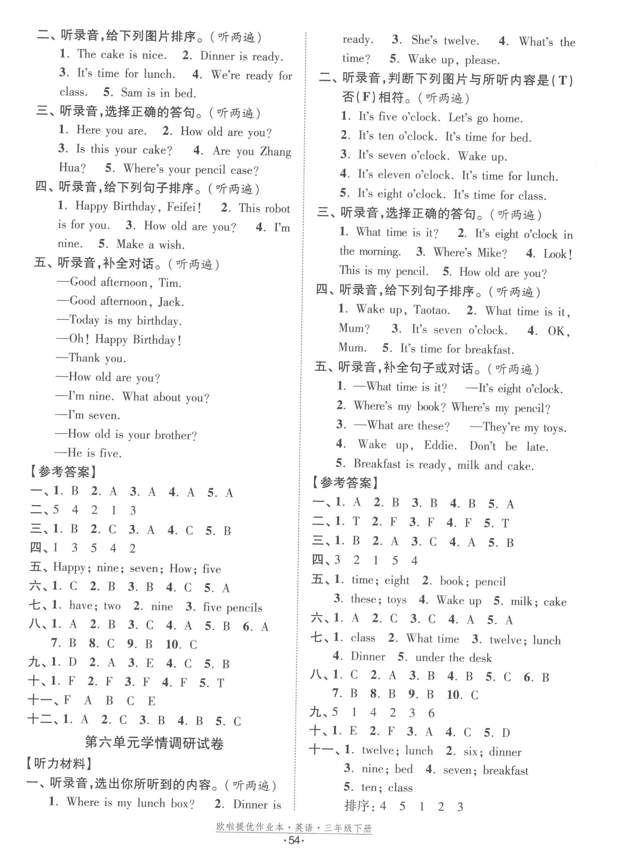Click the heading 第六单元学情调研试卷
point(154,743)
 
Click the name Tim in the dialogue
point(169,283)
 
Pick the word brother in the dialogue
point(173,435)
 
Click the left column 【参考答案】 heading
point(64,472)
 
